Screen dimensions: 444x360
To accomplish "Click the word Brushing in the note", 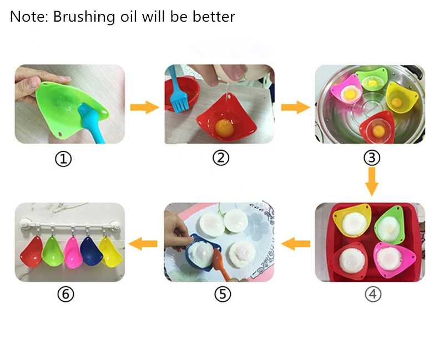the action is pyautogui.click(x=84, y=17).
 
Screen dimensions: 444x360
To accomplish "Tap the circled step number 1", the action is pyautogui.click(x=63, y=159).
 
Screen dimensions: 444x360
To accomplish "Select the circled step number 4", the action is pyautogui.click(x=373, y=294).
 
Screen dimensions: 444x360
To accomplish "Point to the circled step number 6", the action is pyautogui.click(x=65, y=294).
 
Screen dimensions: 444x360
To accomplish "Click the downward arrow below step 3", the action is pyautogui.click(x=372, y=181).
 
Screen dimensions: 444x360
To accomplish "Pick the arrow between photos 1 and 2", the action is pyautogui.click(x=145, y=107).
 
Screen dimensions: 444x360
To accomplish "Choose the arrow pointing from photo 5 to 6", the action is pyautogui.click(x=143, y=244).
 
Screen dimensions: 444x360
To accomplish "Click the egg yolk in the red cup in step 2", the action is pyautogui.click(x=224, y=128).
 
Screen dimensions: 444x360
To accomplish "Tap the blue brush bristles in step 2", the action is pyautogui.click(x=180, y=103).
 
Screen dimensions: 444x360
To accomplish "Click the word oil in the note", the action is pyautogui.click(x=129, y=17).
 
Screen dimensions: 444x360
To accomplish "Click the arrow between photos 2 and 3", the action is pyautogui.click(x=296, y=107).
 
